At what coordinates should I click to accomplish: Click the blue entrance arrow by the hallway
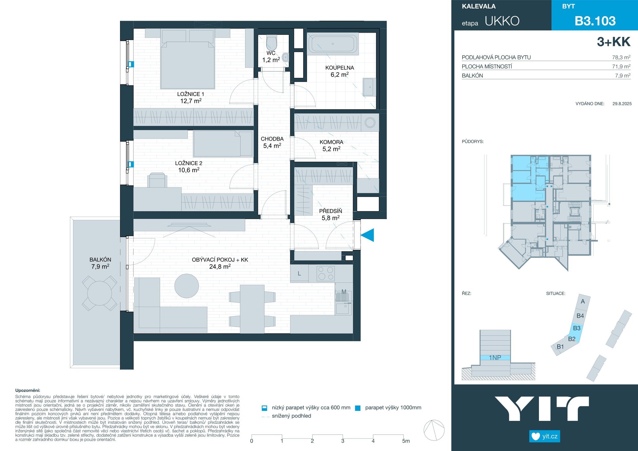coord(368,235)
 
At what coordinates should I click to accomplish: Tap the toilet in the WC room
coord(271,42)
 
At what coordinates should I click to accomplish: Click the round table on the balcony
coord(100,293)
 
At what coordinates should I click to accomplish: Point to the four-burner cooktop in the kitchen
coord(326,274)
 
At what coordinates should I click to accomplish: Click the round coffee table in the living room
coord(187,286)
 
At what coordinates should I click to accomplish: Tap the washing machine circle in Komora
coord(370,123)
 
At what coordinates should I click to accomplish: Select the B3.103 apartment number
coord(595,21)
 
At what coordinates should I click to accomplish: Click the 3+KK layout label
coord(613,42)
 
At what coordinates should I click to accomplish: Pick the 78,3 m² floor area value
coord(621,57)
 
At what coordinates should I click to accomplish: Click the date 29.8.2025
coord(622,104)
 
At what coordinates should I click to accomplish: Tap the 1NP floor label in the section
coord(495,358)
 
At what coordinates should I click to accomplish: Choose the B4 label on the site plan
coord(580,316)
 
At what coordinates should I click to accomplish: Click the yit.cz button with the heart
coord(545,436)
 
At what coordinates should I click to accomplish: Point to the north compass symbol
coord(434,430)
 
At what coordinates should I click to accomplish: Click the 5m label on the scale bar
coord(406,441)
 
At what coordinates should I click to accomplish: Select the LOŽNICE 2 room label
coord(189,163)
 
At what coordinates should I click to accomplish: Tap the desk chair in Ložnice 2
coord(157,180)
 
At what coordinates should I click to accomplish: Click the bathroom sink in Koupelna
coord(370,87)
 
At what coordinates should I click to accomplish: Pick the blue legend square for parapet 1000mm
coord(358,408)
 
